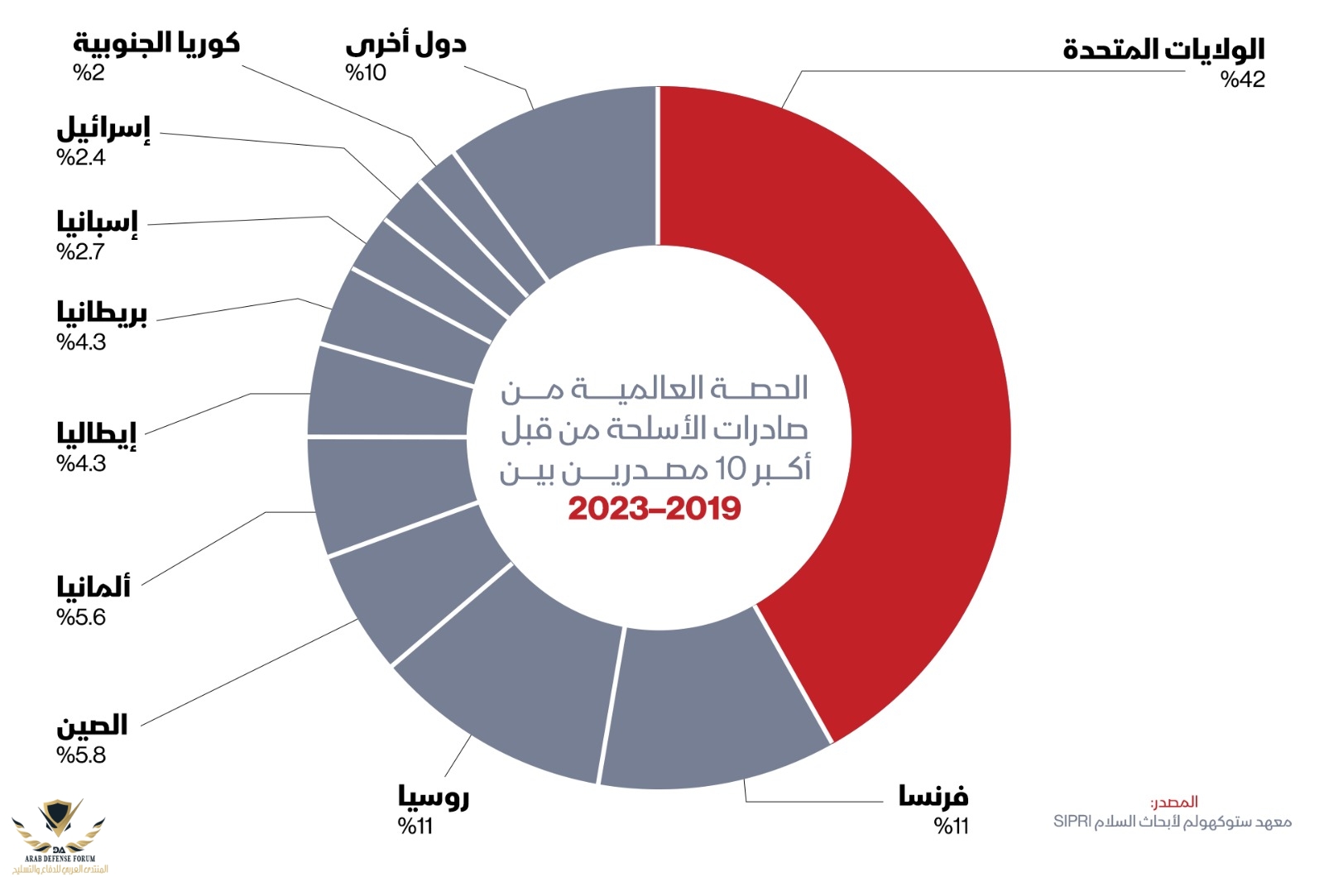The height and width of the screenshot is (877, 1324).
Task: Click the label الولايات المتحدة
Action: click(1163, 50)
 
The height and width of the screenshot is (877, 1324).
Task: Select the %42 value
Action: click(1243, 80)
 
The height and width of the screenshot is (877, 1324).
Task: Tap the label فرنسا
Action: click(933, 796)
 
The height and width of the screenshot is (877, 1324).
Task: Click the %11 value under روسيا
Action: click(415, 827)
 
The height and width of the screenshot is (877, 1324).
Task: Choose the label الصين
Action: click(92, 726)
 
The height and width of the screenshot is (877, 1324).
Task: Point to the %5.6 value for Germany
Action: click(81, 618)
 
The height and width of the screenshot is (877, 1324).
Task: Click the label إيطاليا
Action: click(96, 434)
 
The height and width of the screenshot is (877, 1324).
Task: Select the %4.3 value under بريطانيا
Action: click(81, 343)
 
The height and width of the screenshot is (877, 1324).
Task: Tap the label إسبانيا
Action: click(97, 222)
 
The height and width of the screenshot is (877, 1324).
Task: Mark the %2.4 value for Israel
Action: click(81, 157)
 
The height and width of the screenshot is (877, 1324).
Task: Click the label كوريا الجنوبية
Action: click(156, 43)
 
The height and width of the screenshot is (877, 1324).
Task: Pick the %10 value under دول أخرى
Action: click(366, 73)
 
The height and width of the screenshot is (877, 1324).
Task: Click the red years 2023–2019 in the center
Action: click(655, 509)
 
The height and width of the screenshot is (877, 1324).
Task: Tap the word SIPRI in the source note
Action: click(1072, 822)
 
